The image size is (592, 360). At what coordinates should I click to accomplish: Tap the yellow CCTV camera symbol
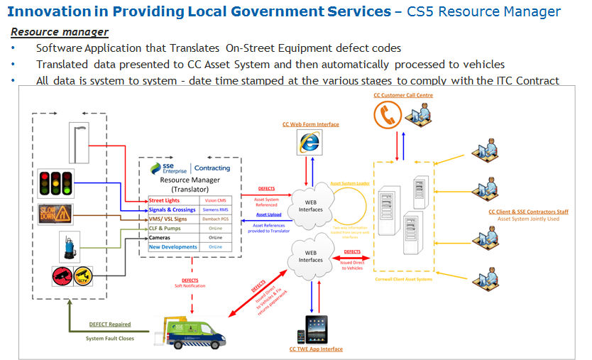(x=83, y=275)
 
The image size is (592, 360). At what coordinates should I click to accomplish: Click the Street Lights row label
(x=165, y=200)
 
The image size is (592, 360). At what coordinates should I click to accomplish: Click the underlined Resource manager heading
(x=60, y=32)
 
